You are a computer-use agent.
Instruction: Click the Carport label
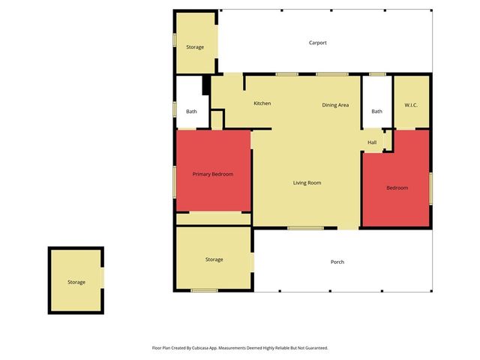tap(318, 43)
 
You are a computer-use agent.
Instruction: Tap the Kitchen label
tap(262, 103)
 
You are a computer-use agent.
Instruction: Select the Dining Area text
tap(335, 105)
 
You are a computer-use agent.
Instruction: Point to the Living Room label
tap(307, 182)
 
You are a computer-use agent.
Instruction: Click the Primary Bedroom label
tap(213, 174)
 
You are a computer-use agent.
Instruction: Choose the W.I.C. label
tap(411, 105)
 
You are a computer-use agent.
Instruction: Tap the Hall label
tap(372, 142)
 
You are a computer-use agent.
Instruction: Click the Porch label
tap(337, 262)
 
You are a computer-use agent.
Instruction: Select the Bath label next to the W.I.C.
tap(376, 112)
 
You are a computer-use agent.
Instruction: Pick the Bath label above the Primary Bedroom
tap(191, 112)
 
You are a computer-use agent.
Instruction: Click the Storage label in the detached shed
tap(76, 282)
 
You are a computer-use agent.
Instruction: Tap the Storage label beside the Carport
tap(195, 47)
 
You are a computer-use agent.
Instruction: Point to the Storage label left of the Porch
tap(214, 259)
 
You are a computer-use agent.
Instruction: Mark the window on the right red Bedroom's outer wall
tap(431, 187)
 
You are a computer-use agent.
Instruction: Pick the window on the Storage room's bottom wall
tap(203, 290)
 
